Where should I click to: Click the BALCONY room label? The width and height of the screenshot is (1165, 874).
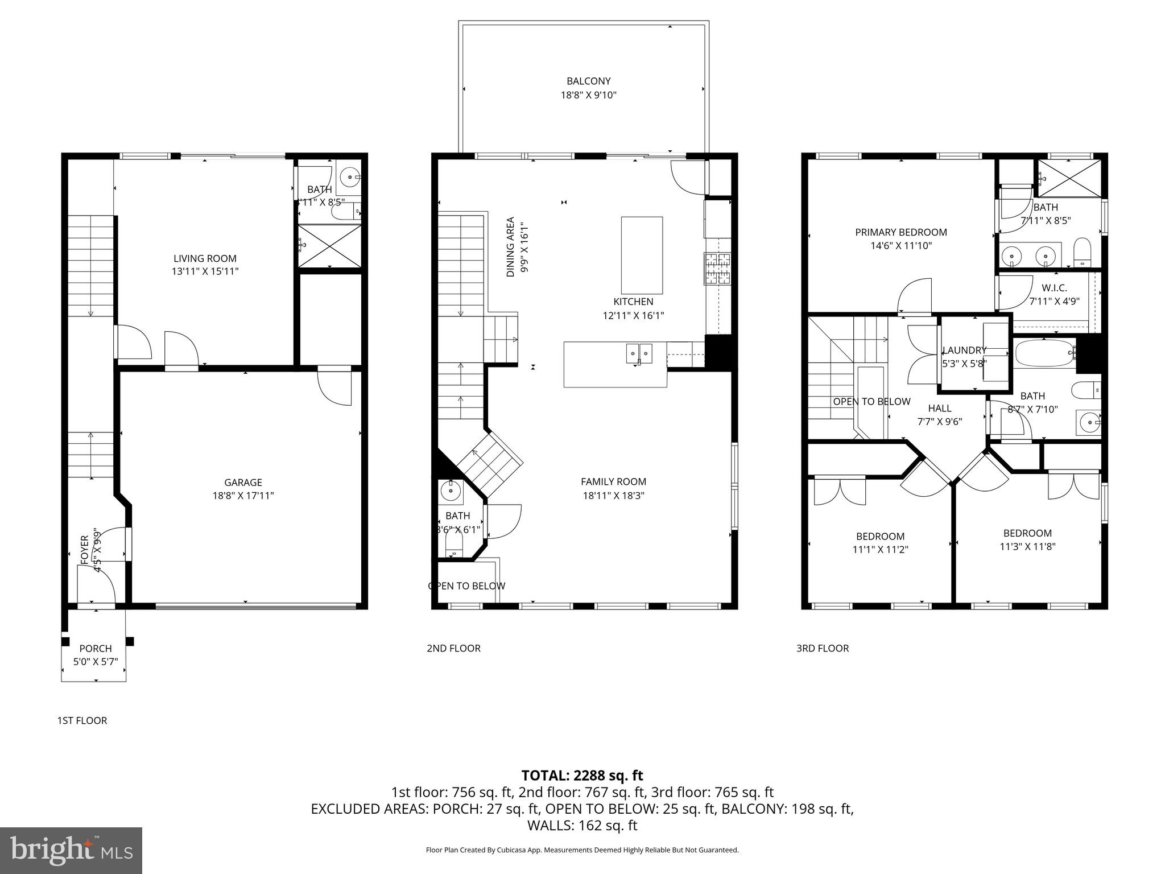click(588, 81)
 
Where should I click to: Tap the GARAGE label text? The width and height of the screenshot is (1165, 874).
click(243, 483)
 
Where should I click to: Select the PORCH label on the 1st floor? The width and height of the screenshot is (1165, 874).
click(96, 648)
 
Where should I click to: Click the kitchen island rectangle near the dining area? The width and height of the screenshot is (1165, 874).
click(642, 255)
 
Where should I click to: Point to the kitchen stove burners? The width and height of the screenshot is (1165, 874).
click(717, 269)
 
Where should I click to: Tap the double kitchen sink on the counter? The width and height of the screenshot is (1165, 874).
click(639, 353)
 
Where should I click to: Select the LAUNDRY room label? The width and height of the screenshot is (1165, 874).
click(964, 350)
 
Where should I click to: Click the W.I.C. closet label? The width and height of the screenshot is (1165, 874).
click(1054, 288)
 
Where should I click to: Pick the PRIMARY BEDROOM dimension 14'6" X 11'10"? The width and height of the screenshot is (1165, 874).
click(901, 246)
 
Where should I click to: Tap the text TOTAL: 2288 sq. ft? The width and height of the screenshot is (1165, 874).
click(582, 775)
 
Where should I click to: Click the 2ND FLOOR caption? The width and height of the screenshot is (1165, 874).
click(453, 648)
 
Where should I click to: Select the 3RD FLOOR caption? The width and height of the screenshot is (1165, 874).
click(822, 648)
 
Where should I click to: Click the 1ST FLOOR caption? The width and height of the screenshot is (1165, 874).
click(82, 720)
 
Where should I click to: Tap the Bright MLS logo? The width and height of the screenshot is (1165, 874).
click(71, 850)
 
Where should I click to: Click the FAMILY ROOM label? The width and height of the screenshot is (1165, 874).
click(613, 481)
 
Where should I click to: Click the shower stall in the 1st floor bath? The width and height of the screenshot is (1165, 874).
click(330, 246)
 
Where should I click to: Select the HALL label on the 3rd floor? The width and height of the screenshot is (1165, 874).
click(939, 408)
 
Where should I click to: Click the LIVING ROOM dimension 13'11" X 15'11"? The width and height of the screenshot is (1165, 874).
click(205, 272)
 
